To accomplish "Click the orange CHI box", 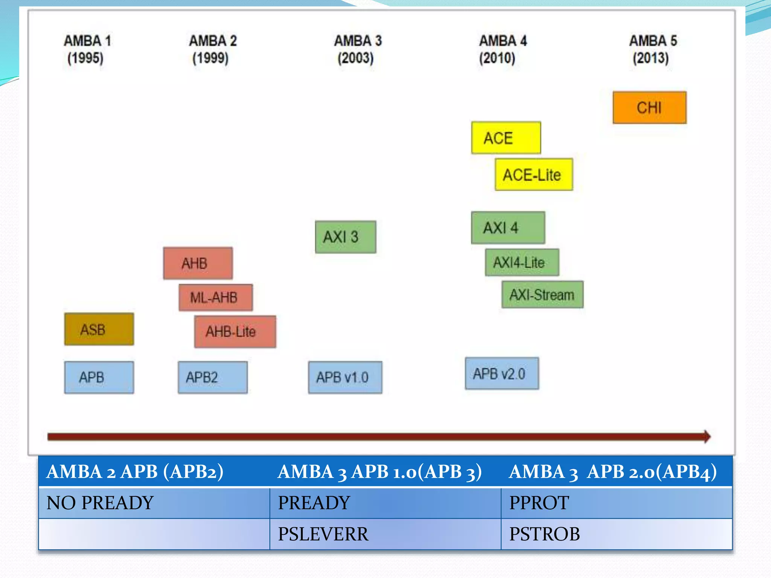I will pyautogui.click(x=649, y=108).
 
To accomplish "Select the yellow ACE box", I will pyautogui.click(x=506, y=138).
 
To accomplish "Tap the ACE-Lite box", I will pyautogui.click(x=533, y=175).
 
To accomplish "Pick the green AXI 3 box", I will pyautogui.click(x=345, y=237).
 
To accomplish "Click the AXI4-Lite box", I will pyautogui.click(x=522, y=262).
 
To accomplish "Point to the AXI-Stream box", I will pyautogui.click(x=542, y=295).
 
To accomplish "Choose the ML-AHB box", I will pyautogui.click(x=215, y=298).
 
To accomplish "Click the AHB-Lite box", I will pyautogui.click(x=235, y=332).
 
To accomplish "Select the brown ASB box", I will pyautogui.click(x=99, y=329).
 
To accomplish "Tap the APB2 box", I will pyautogui.click(x=213, y=377).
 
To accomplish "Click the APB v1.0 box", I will pyautogui.click(x=345, y=377).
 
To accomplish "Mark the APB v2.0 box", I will pyautogui.click(x=502, y=374).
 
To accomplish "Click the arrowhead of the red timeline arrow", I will pyautogui.click(x=706, y=437).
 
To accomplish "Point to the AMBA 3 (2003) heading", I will pyautogui.click(x=357, y=49).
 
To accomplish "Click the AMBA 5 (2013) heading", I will pyautogui.click(x=652, y=49).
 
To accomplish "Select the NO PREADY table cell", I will pyautogui.click(x=154, y=503).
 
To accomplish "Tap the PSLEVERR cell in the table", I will pyautogui.click(x=385, y=534).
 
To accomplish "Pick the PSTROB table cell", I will pyautogui.click(x=616, y=534).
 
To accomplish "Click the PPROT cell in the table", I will pyautogui.click(x=616, y=503).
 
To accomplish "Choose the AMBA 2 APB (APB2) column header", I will pyautogui.click(x=154, y=472).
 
